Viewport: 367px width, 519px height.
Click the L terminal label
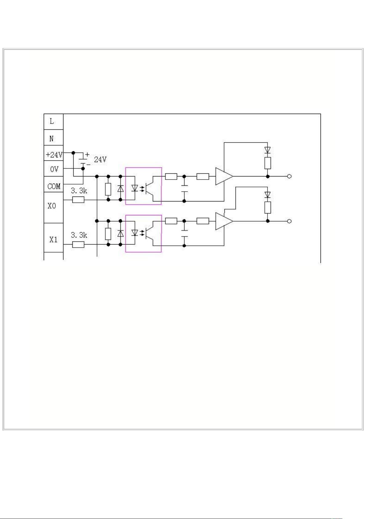pyautogui.click(x=52, y=121)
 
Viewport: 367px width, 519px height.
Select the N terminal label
pyautogui.click(x=51, y=139)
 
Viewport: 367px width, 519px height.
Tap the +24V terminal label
pyautogui.click(x=54, y=155)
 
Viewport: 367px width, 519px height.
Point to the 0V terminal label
pyautogui.click(x=54, y=169)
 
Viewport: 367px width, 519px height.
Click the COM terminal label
pyautogui.click(x=54, y=186)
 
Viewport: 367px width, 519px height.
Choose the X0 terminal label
pyautogui.click(x=52, y=205)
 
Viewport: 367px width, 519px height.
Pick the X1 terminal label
pyautogui.click(x=53, y=240)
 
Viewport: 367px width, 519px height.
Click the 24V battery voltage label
pyautogui.click(x=100, y=160)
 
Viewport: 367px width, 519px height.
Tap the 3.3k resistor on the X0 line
pyautogui.click(x=78, y=200)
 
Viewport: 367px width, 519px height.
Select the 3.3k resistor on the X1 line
pyautogui.click(x=78, y=245)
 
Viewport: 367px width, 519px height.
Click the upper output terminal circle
pyautogui.click(x=289, y=176)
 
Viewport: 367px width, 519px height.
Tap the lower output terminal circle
pyautogui.click(x=289, y=221)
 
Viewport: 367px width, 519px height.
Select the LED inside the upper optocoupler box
pyautogui.click(x=135, y=188)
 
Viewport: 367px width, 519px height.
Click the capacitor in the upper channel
pyautogui.click(x=184, y=189)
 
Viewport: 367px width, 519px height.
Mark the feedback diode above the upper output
pyautogui.click(x=268, y=150)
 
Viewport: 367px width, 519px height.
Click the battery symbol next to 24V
pyautogui.click(x=83, y=161)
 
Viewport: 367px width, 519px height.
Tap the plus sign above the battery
pyautogui.click(x=87, y=154)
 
